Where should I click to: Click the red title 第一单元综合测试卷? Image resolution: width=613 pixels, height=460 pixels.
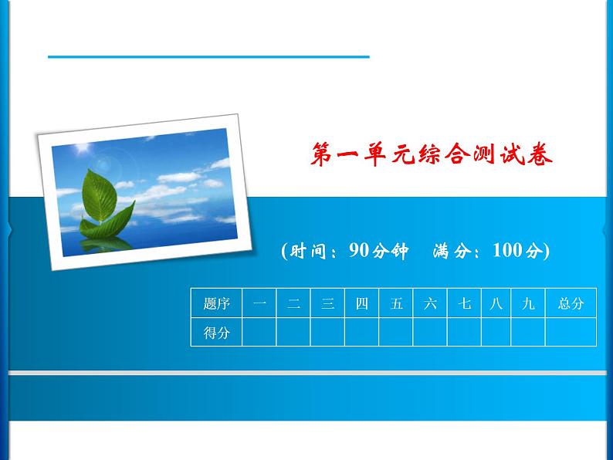432,157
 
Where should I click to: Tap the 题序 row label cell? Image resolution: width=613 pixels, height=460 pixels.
216,303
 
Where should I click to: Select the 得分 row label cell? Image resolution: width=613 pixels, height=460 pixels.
216,333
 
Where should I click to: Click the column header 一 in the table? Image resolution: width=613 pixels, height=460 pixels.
259,303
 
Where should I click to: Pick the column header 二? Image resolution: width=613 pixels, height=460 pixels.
293,303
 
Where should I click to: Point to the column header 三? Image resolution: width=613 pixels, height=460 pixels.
327,303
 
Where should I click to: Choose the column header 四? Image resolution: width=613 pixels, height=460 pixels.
361,303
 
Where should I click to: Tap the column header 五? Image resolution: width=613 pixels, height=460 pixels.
396,303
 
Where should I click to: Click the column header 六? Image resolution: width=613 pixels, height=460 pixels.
430,303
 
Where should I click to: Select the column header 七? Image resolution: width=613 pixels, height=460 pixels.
464,303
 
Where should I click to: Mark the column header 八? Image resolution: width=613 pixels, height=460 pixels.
496,303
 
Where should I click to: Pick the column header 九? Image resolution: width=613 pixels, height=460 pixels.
528,303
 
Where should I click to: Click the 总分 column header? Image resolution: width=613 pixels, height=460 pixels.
571,303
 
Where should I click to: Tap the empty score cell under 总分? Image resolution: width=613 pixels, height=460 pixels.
571,333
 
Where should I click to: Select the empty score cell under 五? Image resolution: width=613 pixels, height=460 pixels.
396,333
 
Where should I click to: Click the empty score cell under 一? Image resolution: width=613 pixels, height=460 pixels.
259,333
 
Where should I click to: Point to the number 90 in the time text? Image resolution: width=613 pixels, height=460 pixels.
360,251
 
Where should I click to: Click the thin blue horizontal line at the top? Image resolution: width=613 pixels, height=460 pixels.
208,56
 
